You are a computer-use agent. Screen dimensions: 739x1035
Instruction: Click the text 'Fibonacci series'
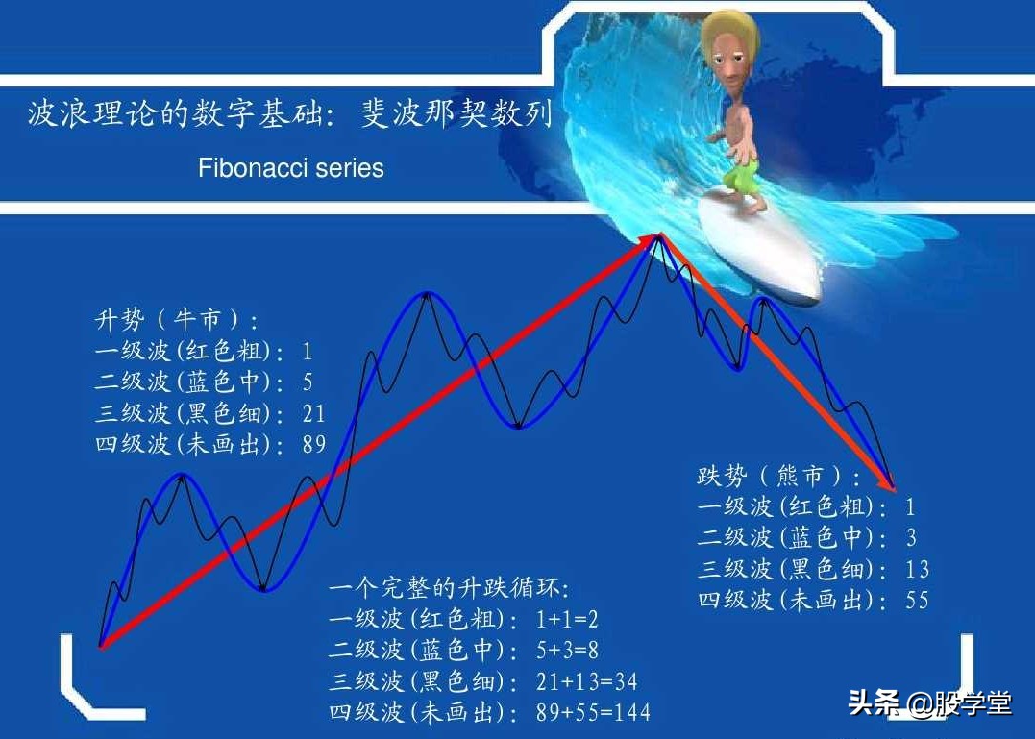tap(290, 168)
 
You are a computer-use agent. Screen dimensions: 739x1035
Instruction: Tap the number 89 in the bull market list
tap(313, 445)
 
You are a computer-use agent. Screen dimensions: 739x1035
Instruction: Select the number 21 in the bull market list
tap(313, 413)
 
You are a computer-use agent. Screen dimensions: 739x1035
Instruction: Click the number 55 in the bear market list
tap(917, 600)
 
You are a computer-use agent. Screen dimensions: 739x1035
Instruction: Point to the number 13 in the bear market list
tap(917, 569)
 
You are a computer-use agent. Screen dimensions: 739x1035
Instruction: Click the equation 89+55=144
tap(593, 712)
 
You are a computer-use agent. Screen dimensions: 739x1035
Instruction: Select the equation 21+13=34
tap(586, 681)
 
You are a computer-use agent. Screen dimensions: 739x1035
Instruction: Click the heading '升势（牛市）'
tap(177, 320)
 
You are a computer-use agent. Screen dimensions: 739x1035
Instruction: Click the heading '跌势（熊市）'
tap(779, 476)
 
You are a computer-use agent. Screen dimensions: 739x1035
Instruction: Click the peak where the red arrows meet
tap(658, 235)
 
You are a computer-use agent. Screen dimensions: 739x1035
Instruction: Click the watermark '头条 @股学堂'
tap(929, 703)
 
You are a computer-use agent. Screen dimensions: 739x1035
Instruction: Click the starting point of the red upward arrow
tap(101, 646)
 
